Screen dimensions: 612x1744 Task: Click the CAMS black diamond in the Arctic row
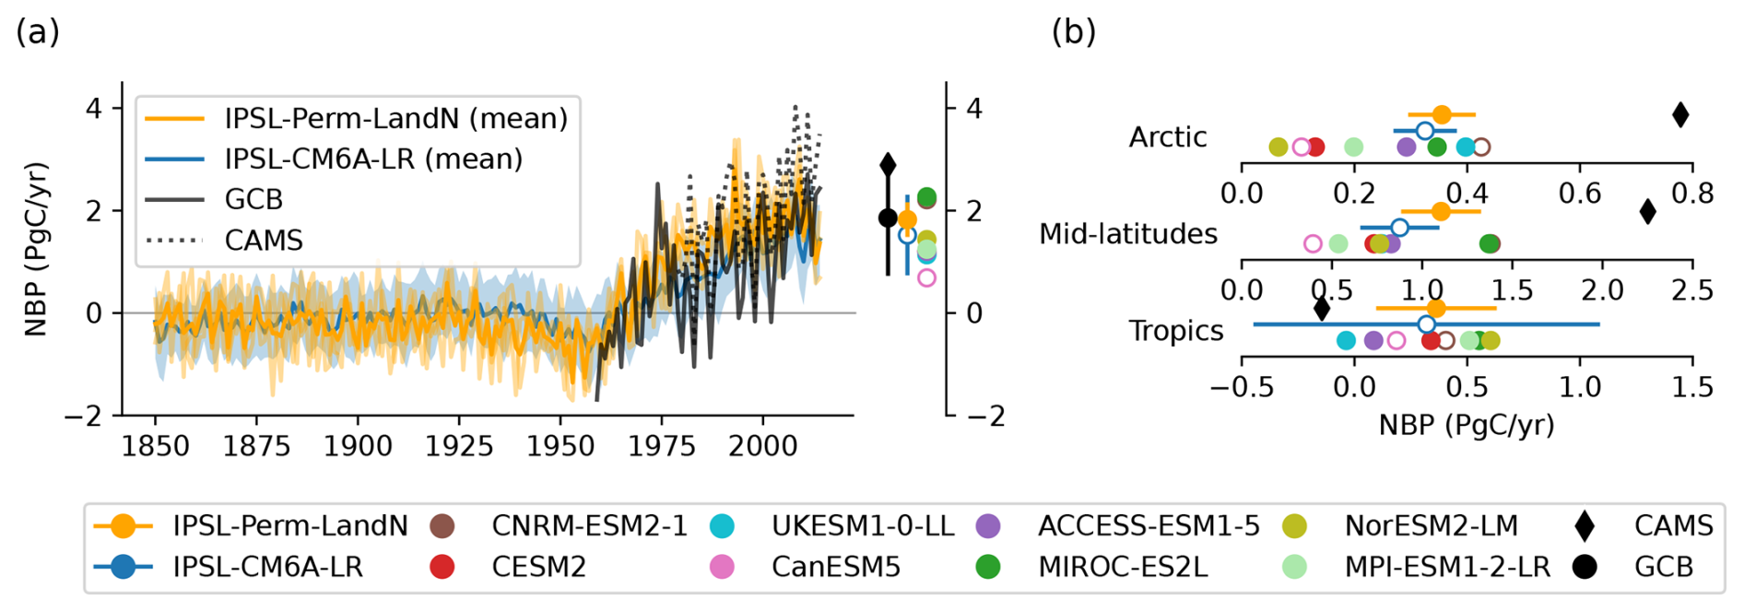click(1680, 115)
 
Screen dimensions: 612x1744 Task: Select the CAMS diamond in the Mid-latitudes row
click(1647, 212)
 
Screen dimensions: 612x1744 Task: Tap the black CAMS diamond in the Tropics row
click(1321, 309)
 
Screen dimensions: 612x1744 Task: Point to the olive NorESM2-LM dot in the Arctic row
click(1278, 147)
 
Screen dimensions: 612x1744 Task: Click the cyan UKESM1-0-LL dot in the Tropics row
click(1346, 341)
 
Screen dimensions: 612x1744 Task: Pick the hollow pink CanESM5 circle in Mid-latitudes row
click(1313, 244)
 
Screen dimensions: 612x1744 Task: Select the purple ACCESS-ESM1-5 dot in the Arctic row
click(1406, 147)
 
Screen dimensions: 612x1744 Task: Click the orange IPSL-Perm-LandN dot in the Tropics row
click(1435, 309)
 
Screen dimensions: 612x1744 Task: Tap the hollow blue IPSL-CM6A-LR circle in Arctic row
click(1424, 131)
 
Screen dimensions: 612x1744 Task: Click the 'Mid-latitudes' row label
click(1127, 234)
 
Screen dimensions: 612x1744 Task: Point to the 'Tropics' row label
click(1175, 331)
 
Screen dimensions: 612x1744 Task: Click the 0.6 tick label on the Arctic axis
click(1580, 194)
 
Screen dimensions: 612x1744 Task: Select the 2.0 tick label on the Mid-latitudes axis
click(1602, 290)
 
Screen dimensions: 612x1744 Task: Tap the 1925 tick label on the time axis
click(459, 447)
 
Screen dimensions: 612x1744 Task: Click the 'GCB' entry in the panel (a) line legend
click(253, 200)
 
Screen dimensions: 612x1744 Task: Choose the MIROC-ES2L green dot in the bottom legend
click(988, 567)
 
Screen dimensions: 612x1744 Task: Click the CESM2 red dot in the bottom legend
click(442, 567)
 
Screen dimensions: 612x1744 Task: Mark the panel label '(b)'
click(1073, 32)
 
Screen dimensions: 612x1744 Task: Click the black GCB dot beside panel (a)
click(888, 218)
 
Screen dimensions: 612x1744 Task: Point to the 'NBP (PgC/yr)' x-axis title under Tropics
click(1466, 425)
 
